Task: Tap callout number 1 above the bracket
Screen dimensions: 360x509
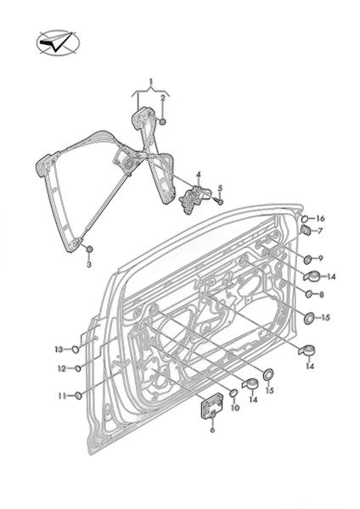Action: pyautogui.click(x=151, y=81)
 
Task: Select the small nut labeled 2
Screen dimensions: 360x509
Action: pyautogui.click(x=163, y=121)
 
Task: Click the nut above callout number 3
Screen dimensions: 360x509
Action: pyautogui.click(x=89, y=249)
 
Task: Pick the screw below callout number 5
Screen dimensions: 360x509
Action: pyautogui.click(x=219, y=201)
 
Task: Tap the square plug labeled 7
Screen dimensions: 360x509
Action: pyautogui.click(x=306, y=230)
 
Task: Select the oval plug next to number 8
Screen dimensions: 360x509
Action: pyautogui.click(x=308, y=294)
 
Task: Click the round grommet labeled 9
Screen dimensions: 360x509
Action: pyautogui.click(x=307, y=260)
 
